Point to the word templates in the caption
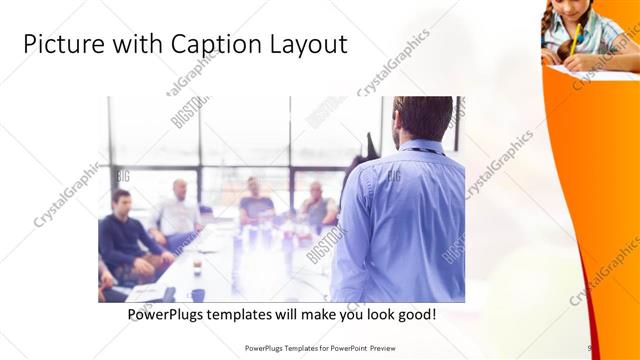[259, 315]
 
